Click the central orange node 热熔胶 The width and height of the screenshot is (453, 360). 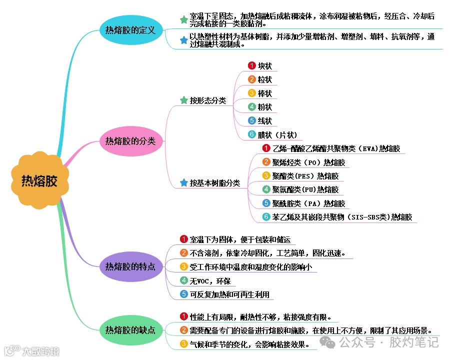(39, 181)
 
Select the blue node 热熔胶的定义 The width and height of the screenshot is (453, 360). (130, 29)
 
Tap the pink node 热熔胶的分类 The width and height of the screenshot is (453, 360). (130, 141)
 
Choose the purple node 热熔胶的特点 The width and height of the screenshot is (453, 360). (130, 266)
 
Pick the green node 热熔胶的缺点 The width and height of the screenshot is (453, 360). (130, 330)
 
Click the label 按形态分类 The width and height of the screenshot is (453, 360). (207, 100)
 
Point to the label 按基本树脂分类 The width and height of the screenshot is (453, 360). (214, 183)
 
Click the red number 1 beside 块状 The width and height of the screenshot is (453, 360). (252, 65)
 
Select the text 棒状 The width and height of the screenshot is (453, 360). (264, 93)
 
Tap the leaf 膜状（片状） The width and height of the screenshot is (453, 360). (277, 134)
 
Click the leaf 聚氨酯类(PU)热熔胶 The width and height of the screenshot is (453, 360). (305, 189)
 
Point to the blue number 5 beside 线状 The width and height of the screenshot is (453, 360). (252, 121)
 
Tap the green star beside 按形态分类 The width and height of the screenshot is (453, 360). (183, 100)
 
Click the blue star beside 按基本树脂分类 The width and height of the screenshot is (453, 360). (183, 183)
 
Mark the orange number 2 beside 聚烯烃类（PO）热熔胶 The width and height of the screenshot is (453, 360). (266, 162)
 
